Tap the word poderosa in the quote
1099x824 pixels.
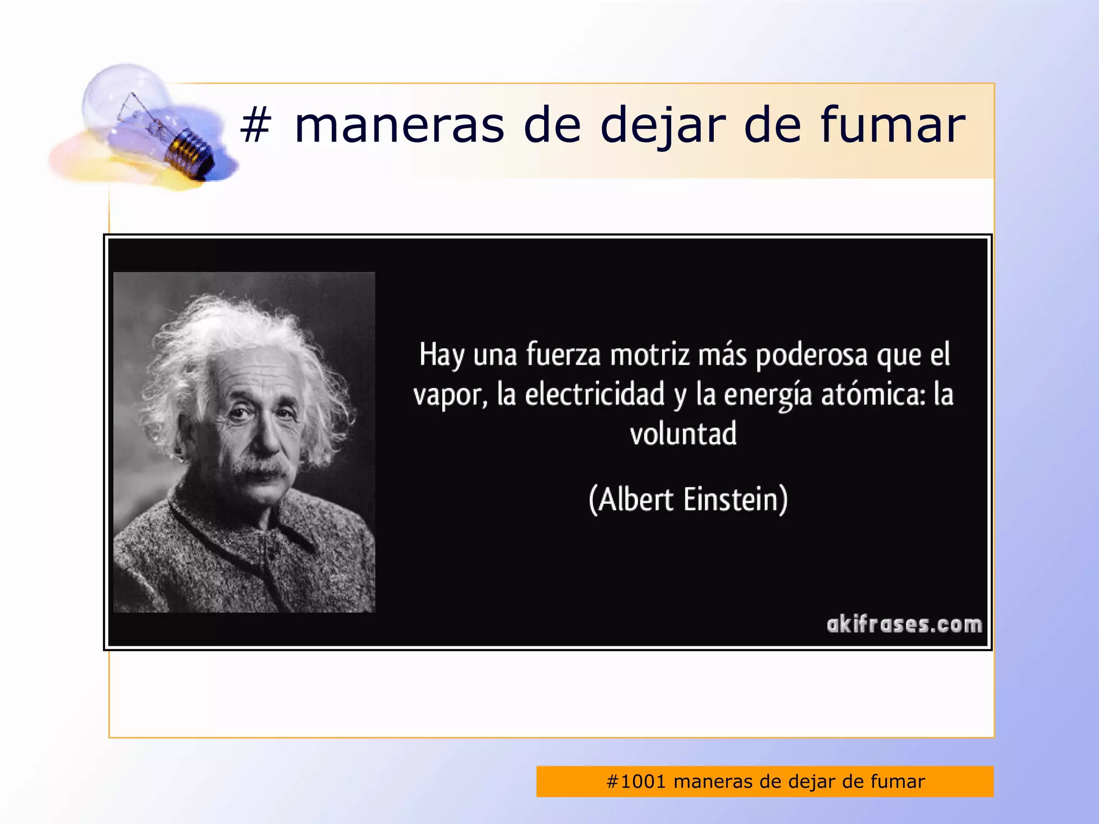(811, 355)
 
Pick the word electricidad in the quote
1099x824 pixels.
(595, 394)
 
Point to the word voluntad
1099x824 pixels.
(683, 434)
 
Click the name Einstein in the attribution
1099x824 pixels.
(731, 499)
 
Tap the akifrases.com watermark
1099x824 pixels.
(904, 624)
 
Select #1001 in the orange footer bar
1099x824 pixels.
(636, 782)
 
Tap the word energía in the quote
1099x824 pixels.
(767, 395)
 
